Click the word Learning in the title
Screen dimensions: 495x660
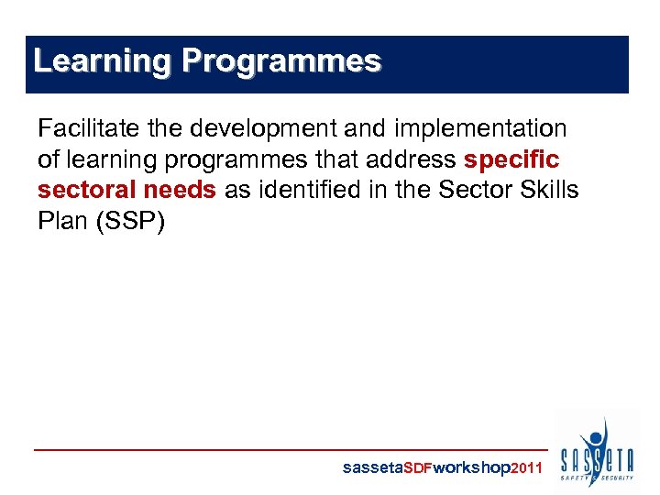point(102,61)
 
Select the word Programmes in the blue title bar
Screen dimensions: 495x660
point(280,61)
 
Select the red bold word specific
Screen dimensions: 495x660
point(511,159)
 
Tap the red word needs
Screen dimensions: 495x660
point(181,190)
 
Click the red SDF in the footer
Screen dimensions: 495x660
point(418,468)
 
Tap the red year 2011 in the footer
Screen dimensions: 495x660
point(526,468)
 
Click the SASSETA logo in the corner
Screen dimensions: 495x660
point(597,453)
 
